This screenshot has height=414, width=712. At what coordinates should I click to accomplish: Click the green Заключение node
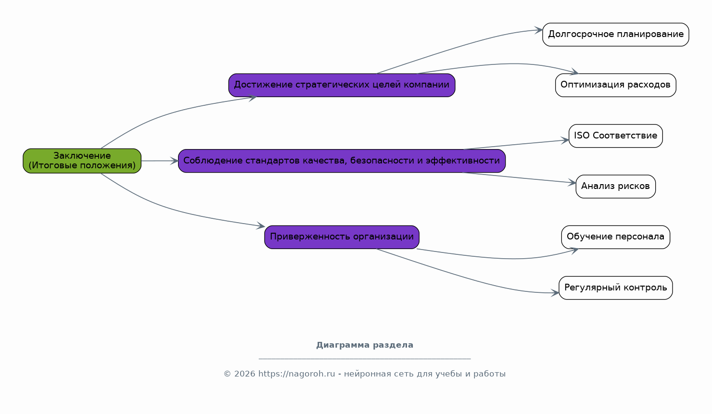pos(82,161)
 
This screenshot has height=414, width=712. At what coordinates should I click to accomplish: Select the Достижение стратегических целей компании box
pos(342,85)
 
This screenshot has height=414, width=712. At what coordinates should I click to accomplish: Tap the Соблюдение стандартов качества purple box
pos(342,161)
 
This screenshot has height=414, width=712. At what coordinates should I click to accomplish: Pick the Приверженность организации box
pos(342,237)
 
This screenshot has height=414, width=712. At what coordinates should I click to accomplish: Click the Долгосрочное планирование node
pos(616,34)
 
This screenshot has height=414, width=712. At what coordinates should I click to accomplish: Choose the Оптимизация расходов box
pos(616,85)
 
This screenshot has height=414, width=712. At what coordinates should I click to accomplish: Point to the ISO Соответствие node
pos(616,136)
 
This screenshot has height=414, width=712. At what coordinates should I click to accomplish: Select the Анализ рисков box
pos(616,187)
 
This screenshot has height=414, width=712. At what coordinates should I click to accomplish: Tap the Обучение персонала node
pos(616,237)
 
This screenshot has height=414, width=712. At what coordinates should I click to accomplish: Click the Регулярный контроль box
pos(616,288)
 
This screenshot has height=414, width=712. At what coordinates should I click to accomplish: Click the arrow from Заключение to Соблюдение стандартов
pos(160,161)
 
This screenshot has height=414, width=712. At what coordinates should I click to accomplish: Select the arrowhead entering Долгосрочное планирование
pos(539,30)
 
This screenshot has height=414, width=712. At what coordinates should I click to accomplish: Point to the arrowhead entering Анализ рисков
pos(572,183)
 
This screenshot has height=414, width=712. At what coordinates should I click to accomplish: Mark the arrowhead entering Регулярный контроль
pos(555,293)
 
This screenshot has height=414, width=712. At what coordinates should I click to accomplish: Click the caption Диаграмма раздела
pos(365,345)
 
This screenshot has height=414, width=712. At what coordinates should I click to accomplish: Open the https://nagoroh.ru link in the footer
pos(296,374)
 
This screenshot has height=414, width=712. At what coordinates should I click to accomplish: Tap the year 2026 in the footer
pos(245,374)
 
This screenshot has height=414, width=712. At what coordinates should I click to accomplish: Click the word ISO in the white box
pos(582,135)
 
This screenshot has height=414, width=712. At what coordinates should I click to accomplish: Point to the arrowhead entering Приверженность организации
pos(261,226)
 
